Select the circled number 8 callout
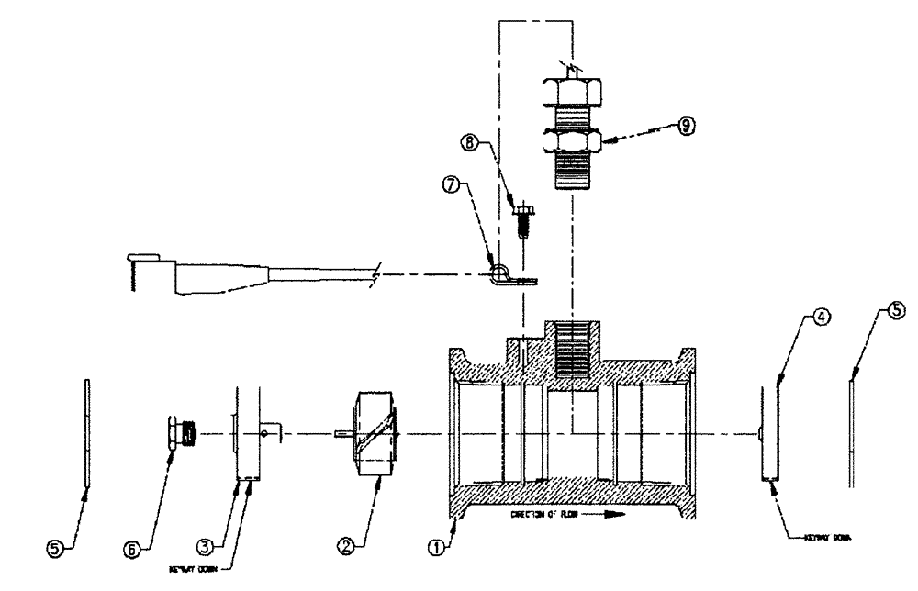click(x=471, y=142)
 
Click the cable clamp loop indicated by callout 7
click(x=500, y=273)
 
